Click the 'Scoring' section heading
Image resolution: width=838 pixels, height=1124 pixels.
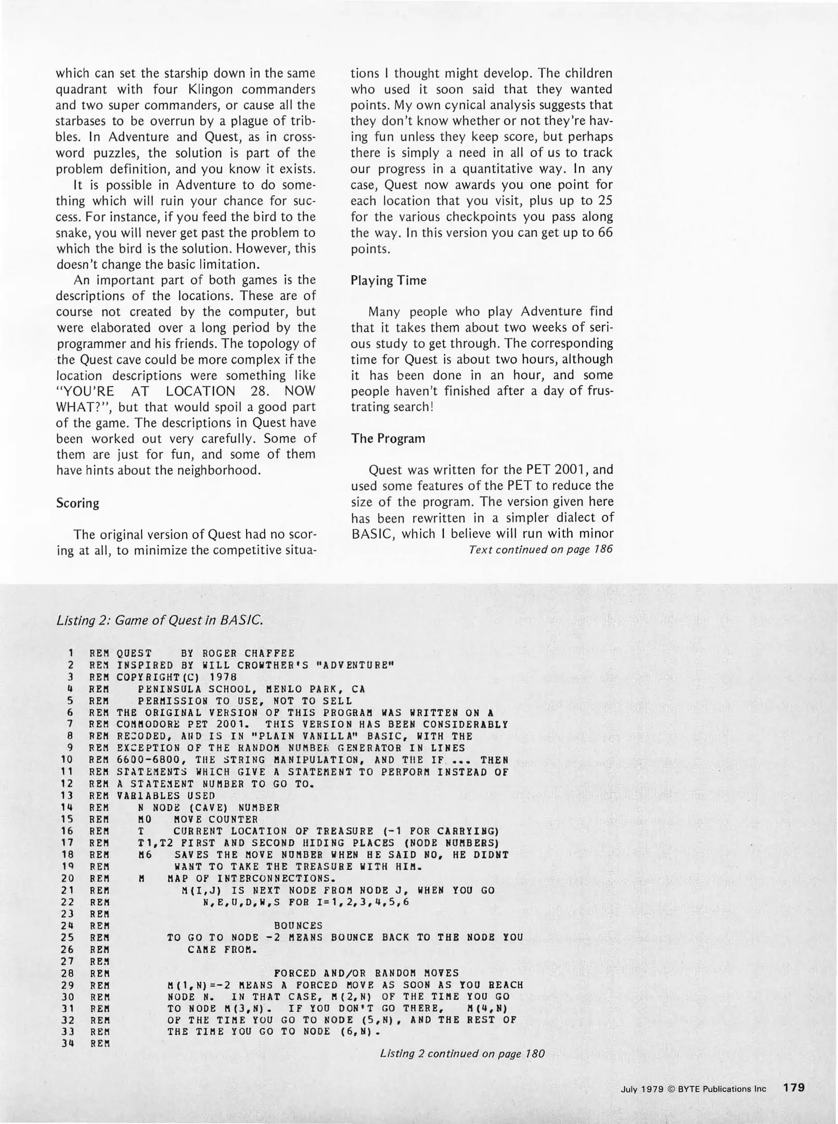(x=78, y=503)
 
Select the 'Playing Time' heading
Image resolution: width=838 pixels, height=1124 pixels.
(x=388, y=281)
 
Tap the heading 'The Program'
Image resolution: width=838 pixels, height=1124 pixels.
(x=388, y=439)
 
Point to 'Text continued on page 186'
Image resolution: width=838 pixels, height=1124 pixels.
(x=540, y=550)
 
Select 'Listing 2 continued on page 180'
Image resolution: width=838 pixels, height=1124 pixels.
(x=462, y=1054)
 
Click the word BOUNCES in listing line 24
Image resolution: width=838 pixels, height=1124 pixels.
(x=298, y=926)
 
